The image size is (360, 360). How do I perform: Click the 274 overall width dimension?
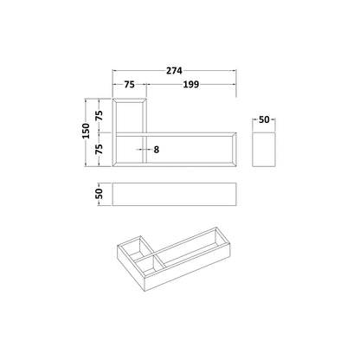coord(174,71)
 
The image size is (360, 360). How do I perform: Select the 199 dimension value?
coord(191,85)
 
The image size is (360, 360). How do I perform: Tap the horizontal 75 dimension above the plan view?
coord(129,85)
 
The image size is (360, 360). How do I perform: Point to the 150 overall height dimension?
coord(87,131)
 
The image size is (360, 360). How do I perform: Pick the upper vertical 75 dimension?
coord(100,116)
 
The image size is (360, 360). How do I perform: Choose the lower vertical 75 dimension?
coord(100,149)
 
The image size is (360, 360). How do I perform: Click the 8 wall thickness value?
coord(156,150)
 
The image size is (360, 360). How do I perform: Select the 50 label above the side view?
coord(264,119)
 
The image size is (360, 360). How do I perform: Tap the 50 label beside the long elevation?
coord(99,194)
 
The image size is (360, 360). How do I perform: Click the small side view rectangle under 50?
coord(264,150)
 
